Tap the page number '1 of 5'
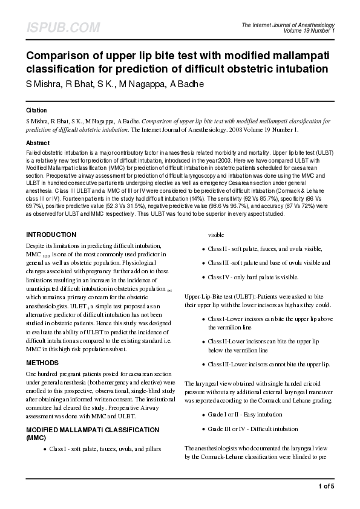click(326, 485)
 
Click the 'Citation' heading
click(36, 111)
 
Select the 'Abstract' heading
click(38, 143)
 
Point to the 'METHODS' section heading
click(42, 363)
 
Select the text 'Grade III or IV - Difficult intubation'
click(253, 429)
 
